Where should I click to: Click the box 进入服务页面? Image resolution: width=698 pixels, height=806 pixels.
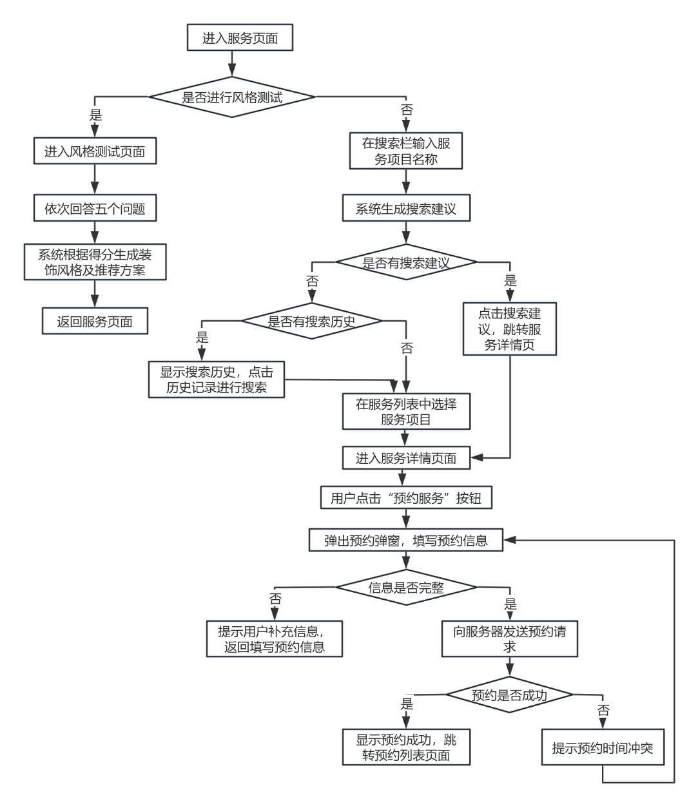(x=240, y=37)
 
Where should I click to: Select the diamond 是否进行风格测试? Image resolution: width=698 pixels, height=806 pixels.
(x=232, y=97)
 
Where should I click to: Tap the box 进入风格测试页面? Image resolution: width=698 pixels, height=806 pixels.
(x=95, y=151)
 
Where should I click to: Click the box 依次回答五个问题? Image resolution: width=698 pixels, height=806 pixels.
(x=95, y=208)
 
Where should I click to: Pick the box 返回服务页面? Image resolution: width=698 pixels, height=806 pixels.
(x=95, y=321)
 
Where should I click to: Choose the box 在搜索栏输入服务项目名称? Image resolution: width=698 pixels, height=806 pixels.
(x=406, y=151)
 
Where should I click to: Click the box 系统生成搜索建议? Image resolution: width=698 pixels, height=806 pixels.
(x=406, y=208)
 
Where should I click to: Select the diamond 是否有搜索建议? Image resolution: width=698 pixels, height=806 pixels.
(x=406, y=262)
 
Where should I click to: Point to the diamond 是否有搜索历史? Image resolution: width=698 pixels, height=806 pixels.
(x=311, y=321)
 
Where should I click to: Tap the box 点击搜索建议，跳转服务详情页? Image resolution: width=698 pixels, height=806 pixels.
(x=510, y=329)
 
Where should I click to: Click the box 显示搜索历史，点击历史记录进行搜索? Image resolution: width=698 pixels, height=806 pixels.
(x=217, y=379)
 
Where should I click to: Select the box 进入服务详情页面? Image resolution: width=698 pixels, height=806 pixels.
(x=406, y=458)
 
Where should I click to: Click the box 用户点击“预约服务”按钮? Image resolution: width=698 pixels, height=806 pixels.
(x=406, y=497)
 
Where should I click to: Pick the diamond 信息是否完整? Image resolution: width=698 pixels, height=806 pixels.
(x=406, y=587)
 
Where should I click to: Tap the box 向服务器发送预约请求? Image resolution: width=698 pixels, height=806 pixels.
(x=510, y=638)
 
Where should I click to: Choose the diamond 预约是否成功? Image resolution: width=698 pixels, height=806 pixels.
(x=510, y=695)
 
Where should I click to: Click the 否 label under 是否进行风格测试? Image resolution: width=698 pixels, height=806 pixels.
(x=407, y=110)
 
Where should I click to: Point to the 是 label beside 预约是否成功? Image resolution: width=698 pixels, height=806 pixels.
(x=407, y=704)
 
